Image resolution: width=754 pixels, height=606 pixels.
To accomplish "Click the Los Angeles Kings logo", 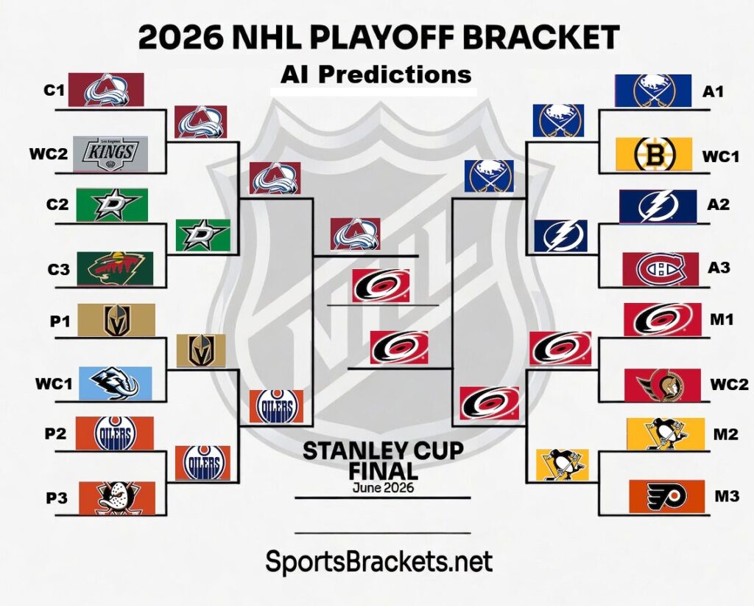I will pos(110,153).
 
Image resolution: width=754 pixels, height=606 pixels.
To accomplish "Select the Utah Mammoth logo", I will pos(115,383).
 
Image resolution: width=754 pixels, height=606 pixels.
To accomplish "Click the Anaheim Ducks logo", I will pos(116,498).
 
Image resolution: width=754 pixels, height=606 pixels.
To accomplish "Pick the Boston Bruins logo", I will pos(654,155).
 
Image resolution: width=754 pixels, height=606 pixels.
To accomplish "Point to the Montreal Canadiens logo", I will pos(660,269).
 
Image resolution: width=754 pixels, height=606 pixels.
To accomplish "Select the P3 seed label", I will pos(57,498).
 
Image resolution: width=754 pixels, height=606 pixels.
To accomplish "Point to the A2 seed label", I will pos(718,204).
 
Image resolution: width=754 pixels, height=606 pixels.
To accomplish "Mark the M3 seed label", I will pos(727,497).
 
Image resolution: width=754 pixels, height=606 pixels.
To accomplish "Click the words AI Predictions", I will pos(376,74).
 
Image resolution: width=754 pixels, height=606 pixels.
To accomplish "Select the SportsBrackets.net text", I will pos(378,563).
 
